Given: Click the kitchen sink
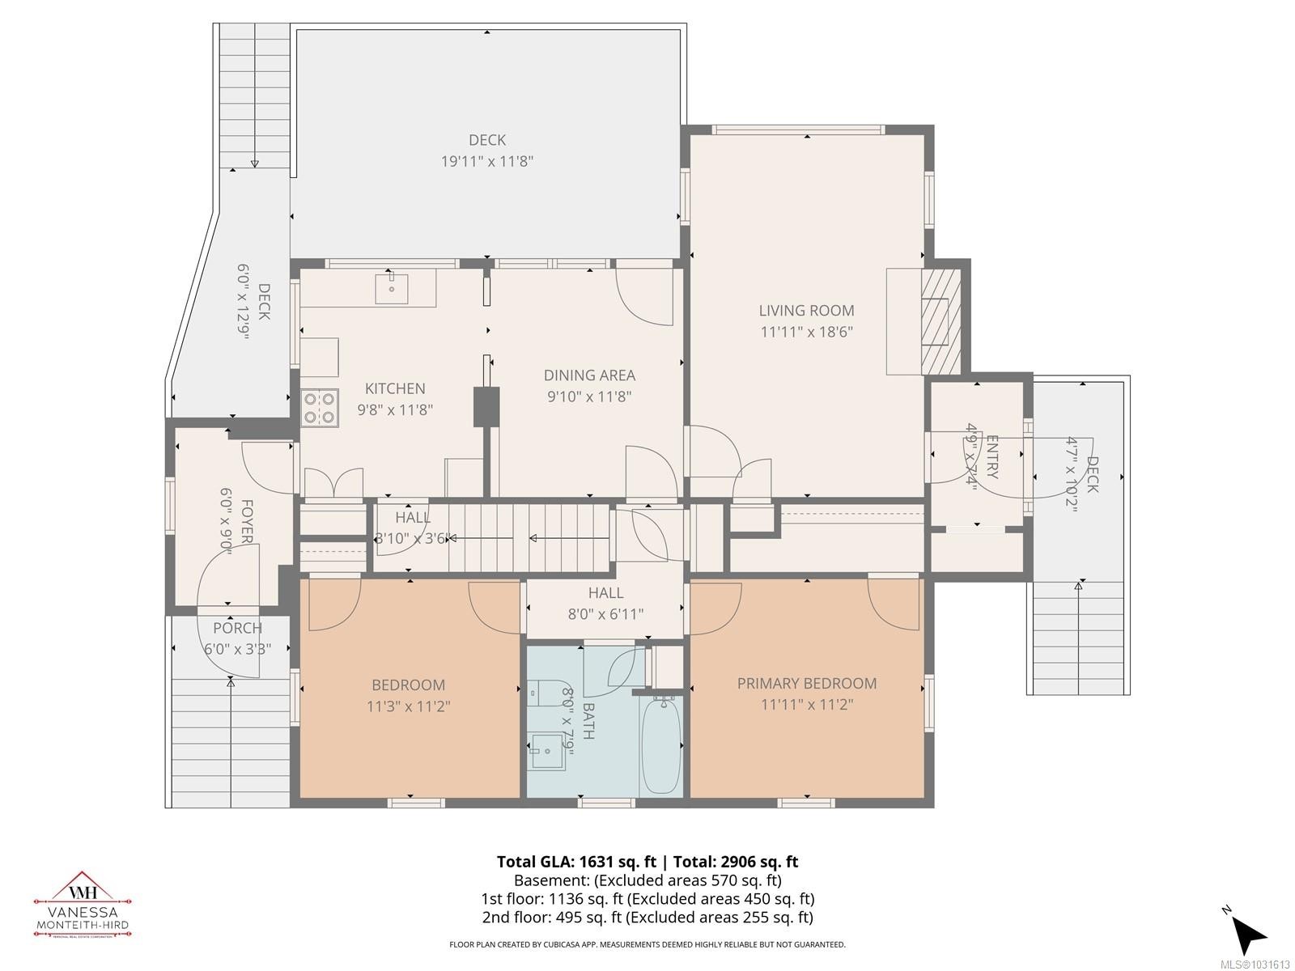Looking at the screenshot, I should pos(392,288).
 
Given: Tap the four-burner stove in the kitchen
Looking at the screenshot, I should pos(320,408).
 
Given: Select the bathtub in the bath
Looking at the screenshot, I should pos(661,745).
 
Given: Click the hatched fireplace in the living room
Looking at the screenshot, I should pos(940,320).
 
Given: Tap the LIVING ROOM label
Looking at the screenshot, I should pos(806,310).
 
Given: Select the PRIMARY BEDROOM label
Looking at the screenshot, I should pos(806,684).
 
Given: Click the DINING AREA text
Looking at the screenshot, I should pos(589,375).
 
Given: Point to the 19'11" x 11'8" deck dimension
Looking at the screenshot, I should pos(486,161).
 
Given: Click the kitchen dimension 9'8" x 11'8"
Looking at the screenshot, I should pos(395,410).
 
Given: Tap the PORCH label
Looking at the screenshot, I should pos(237,628).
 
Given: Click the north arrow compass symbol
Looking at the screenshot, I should pos(1248,933).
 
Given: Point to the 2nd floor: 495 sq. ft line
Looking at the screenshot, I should pos(647,917).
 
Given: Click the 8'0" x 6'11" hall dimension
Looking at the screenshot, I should pos(605,614).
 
